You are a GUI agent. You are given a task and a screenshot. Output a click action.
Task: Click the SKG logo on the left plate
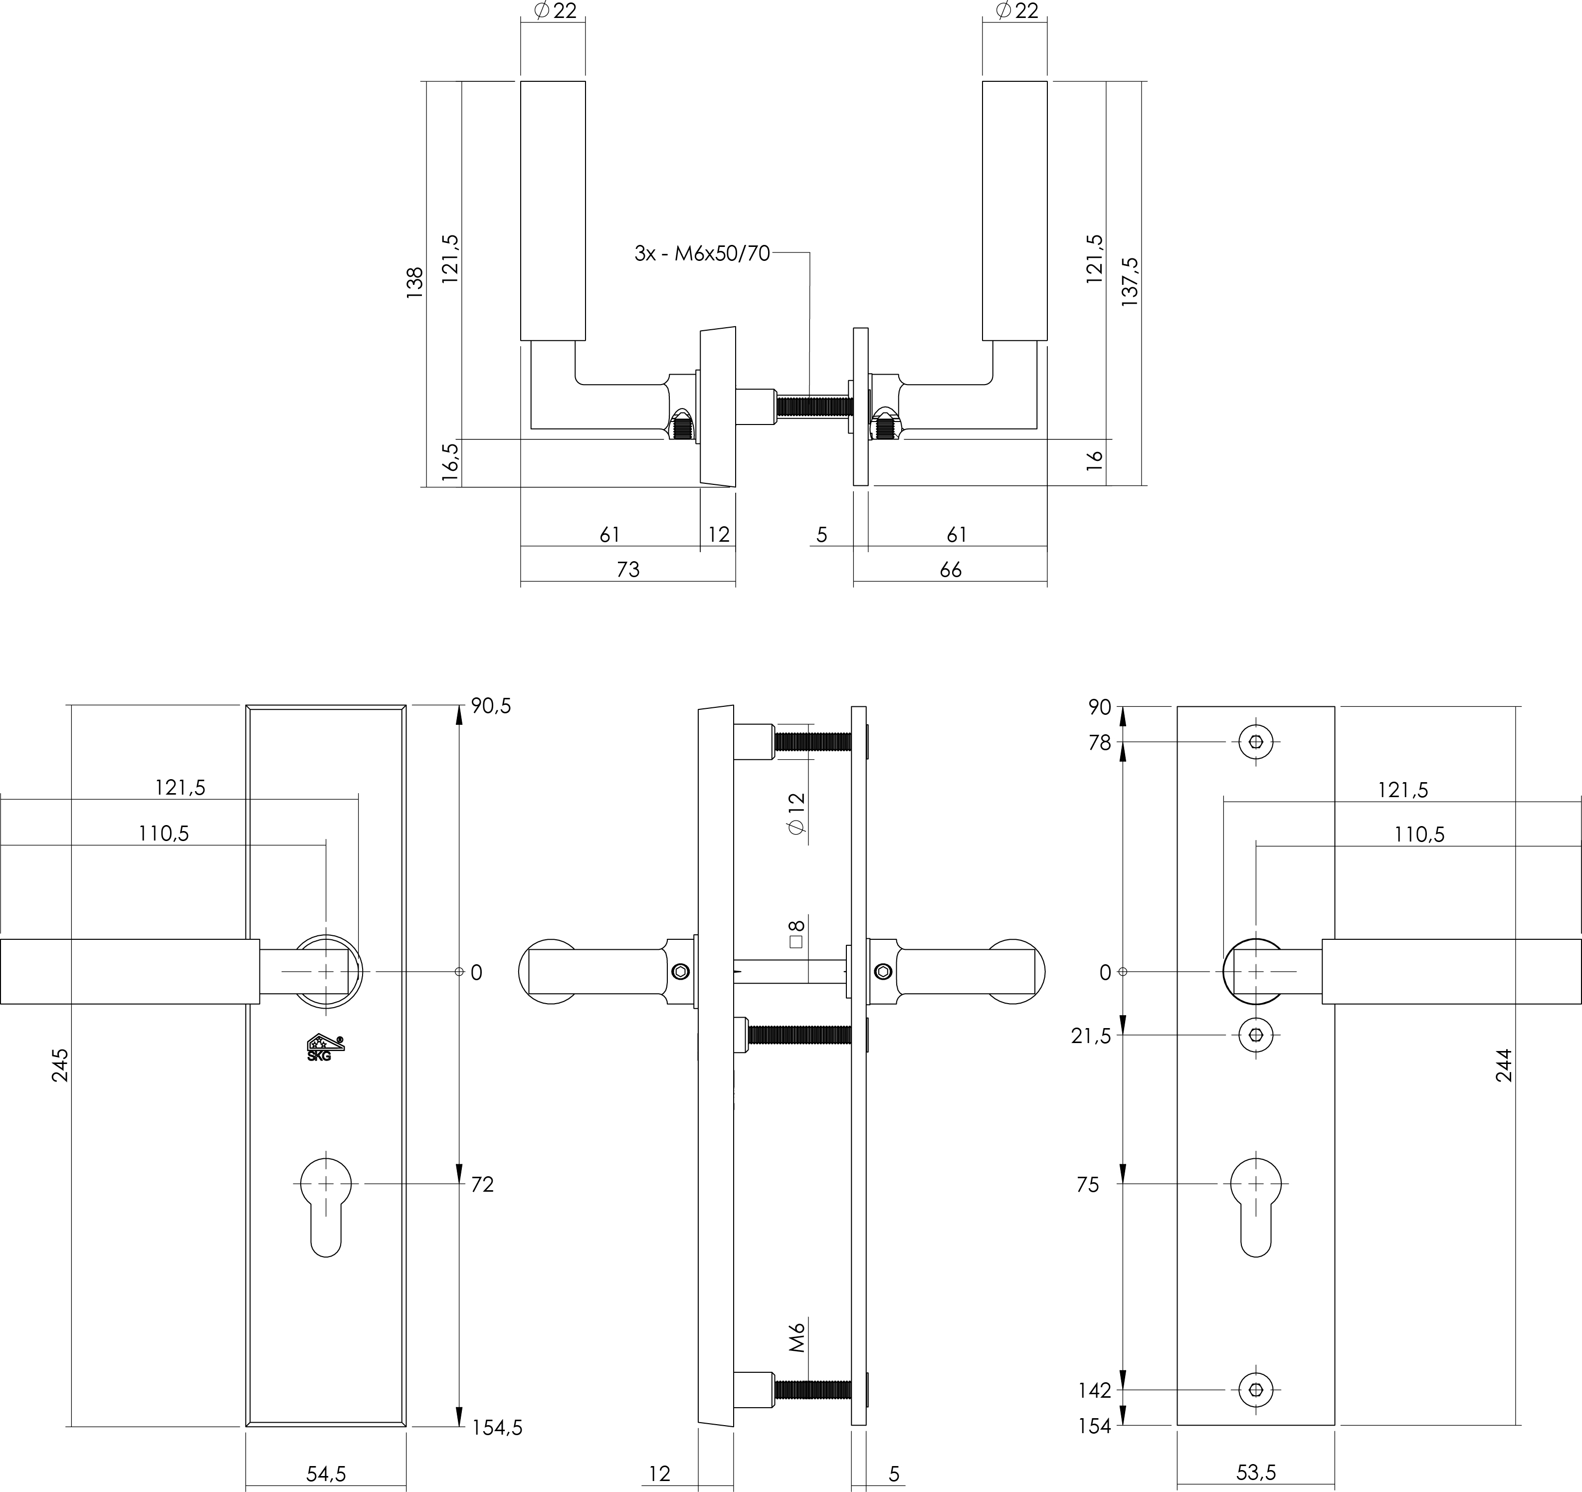pos(326,1047)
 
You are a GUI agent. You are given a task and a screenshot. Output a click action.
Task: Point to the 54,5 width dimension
pos(326,1473)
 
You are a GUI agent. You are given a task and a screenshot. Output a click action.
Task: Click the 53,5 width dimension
pos(1256,1472)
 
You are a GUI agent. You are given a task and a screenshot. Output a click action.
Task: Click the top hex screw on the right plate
pos(1256,742)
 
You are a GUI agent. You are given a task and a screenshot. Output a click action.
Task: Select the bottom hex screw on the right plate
pos(1256,1390)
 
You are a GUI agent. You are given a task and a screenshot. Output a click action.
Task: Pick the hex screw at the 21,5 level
pos(1256,1035)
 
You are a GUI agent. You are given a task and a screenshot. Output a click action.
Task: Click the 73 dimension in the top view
pos(628,569)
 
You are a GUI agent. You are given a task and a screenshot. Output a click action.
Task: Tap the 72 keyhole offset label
pos(482,1185)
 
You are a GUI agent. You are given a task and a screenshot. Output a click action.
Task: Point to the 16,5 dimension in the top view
pos(450,461)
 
